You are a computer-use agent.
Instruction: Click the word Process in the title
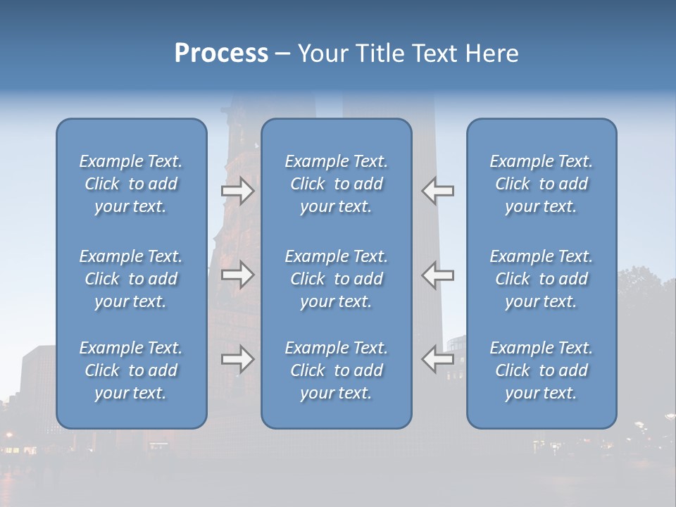click(221, 54)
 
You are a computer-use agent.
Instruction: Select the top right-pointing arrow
click(238, 191)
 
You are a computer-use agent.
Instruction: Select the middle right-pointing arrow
click(238, 275)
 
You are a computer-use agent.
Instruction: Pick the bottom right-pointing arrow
click(238, 359)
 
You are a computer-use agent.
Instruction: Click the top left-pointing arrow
click(437, 191)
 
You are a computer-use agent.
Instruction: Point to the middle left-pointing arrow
click(437, 275)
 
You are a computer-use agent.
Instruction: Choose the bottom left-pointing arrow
click(437, 359)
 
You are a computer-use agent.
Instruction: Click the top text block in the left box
click(131, 184)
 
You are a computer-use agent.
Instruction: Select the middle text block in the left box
click(131, 279)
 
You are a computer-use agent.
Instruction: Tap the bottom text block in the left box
click(131, 370)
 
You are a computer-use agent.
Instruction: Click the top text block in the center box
click(336, 184)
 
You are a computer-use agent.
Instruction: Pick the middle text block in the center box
click(336, 279)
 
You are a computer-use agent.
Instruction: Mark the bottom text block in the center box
click(336, 370)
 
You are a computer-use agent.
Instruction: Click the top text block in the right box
click(541, 184)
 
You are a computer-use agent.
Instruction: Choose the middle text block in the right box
click(541, 279)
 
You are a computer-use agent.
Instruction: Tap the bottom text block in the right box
click(541, 370)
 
